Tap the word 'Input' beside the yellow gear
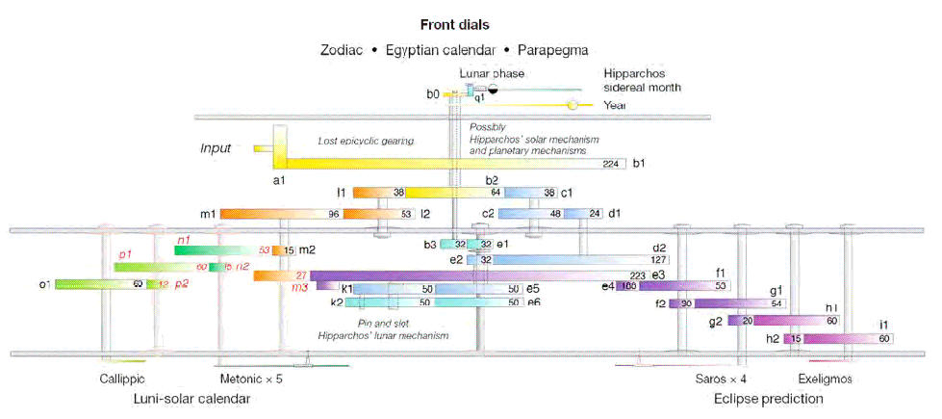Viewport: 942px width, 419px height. point(216,148)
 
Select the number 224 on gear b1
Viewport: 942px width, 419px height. point(610,164)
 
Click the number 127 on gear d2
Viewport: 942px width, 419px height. point(658,259)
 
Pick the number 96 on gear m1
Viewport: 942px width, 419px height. point(334,214)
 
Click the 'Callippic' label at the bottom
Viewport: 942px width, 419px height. point(122,379)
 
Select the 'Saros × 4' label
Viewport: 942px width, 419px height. point(722,379)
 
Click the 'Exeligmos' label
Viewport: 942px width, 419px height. point(825,379)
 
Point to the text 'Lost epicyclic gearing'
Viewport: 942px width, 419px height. point(365,142)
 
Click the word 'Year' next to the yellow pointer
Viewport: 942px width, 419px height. point(614,105)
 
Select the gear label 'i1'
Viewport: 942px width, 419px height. point(908,326)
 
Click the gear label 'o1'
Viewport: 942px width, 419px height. point(44,284)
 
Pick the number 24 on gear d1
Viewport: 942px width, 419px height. point(595,214)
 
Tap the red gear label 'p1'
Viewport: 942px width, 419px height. point(124,253)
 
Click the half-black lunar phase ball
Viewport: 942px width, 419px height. point(492,89)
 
